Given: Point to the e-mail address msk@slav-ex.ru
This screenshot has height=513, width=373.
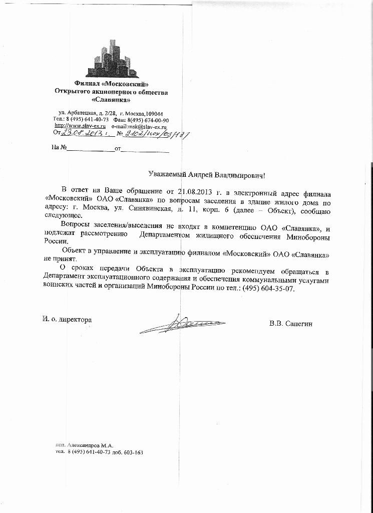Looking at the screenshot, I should click(150, 127).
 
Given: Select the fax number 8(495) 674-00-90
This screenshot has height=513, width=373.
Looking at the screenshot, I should click(148, 120).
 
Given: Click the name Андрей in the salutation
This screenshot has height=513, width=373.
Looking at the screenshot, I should click(201, 174).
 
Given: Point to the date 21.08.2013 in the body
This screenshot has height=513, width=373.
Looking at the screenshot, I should click(191, 191).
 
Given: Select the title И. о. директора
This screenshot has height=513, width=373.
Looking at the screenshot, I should click(67, 319).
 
